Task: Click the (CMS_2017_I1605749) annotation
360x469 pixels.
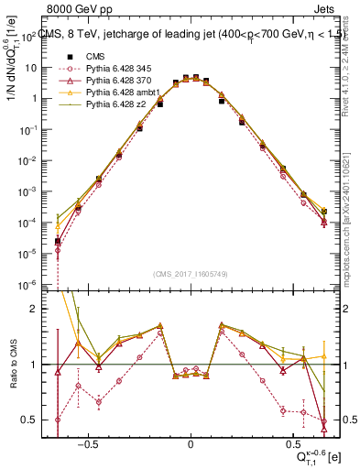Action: (191, 274)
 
